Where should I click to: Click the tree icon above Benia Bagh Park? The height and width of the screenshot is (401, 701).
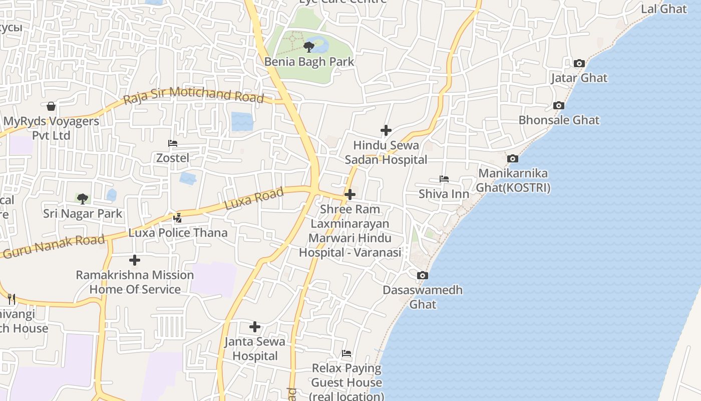309,47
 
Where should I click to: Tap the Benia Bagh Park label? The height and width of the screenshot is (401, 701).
309,62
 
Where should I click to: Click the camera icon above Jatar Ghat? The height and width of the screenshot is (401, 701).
579,64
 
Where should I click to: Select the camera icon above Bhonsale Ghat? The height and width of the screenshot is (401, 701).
559,106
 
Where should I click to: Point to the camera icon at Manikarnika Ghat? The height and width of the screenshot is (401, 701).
513,159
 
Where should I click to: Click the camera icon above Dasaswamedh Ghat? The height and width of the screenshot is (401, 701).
423,276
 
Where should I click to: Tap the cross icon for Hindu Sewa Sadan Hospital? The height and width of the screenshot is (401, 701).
386,130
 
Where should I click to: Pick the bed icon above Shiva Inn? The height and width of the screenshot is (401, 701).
444,179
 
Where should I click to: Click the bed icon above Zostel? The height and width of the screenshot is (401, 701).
173,143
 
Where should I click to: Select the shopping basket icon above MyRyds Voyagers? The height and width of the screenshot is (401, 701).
51,106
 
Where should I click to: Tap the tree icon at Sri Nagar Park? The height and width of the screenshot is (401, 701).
83,199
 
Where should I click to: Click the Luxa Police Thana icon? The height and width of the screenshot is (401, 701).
177,218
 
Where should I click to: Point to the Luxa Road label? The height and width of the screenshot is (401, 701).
254,198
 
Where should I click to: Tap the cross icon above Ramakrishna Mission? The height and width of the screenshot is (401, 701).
135,260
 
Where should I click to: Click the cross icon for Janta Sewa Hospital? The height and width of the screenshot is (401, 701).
255,327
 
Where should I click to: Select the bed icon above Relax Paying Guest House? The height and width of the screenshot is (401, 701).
346,354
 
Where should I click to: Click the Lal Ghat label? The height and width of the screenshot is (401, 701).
664,9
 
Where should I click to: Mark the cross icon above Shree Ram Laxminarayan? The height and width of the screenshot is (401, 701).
350,194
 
